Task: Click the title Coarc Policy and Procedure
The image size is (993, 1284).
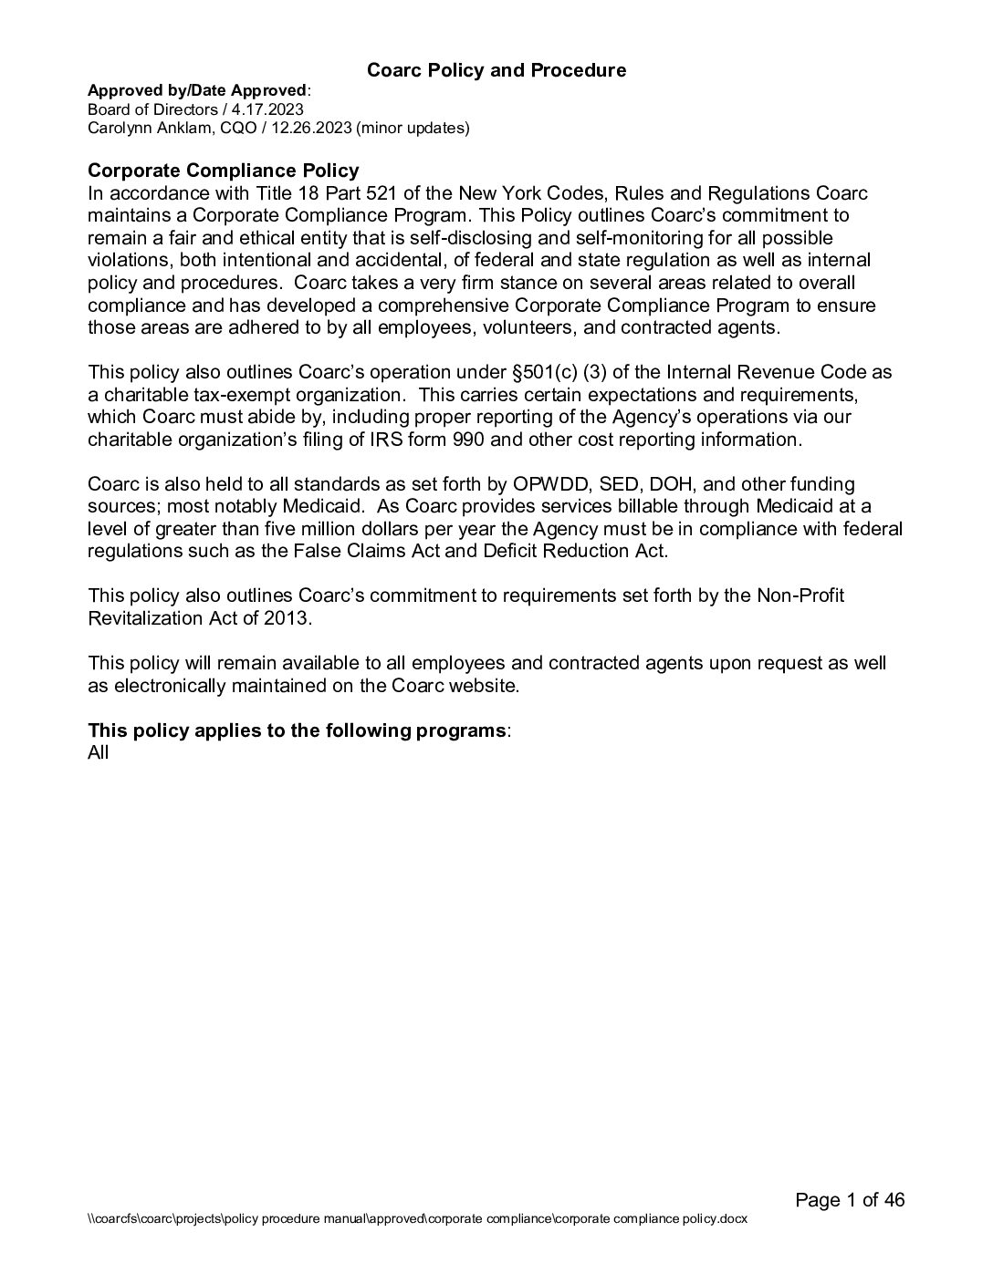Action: point(496,70)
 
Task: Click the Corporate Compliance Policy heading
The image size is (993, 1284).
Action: point(223,171)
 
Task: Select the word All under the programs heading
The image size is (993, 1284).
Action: point(98,752)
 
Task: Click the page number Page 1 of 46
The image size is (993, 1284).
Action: point(850,1200)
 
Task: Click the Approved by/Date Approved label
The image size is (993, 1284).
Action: point(197,90)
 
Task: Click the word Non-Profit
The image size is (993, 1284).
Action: point(800,595)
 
